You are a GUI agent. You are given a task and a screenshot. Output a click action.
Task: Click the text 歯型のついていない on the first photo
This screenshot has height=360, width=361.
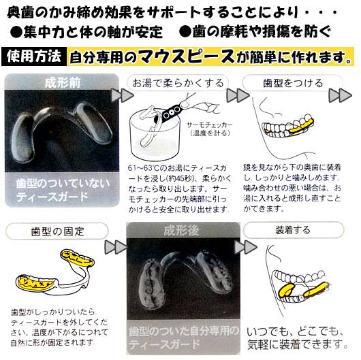click(61, 183)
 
